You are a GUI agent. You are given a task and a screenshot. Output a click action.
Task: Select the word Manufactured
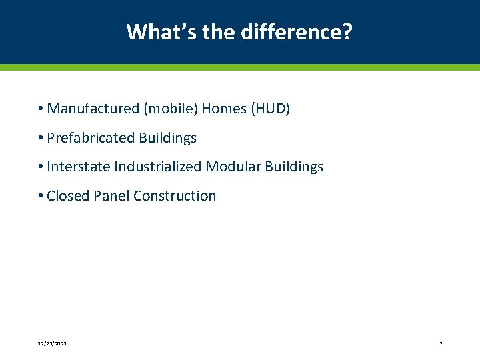pos(92,109)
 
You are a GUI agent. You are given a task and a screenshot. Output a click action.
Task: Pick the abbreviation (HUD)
pos(270,109)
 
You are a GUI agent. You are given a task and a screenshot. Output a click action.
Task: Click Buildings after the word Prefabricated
pos(167,138)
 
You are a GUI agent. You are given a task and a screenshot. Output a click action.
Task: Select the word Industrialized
pos(157,167)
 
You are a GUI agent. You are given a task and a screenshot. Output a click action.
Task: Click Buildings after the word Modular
pos(294,167)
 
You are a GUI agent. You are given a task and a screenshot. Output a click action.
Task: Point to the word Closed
pos(68,196)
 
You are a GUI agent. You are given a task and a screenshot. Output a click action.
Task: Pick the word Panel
pos(111,196)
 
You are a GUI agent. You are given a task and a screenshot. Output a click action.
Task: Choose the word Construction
pos(175,196)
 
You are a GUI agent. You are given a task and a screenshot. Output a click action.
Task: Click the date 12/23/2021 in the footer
pos(52,343)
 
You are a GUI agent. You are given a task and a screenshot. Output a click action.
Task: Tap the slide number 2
pos(441,343)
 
